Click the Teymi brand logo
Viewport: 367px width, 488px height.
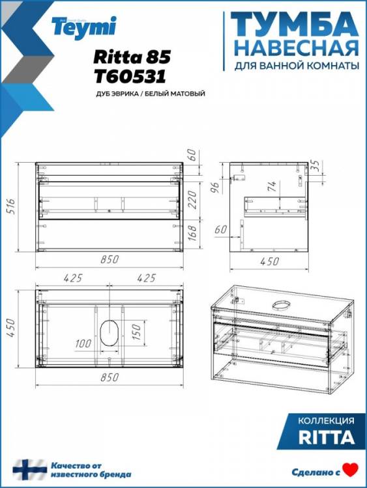point(84,27)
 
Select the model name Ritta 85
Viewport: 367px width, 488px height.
point(132,57)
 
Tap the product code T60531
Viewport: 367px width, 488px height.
point(130,76)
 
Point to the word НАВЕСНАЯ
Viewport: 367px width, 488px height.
point(296,48)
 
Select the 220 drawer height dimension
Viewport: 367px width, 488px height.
point(193,200)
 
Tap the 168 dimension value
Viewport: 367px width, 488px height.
point(193,232)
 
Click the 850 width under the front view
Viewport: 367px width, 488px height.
point(110,259)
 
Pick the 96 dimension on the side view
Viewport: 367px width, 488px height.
point(216,187)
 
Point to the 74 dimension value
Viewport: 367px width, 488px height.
point(272,186)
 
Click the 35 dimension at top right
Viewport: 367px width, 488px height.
point(316,165)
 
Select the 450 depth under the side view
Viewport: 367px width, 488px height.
point(269,261)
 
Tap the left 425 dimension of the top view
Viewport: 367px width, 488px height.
point(72,278)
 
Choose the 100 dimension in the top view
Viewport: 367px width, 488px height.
point(83,344)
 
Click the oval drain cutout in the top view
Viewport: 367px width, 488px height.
point(109,332)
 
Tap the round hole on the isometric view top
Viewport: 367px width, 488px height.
point(281,305)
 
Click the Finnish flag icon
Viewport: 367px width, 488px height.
point(30,470)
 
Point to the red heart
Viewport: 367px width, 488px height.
point(350,470)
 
